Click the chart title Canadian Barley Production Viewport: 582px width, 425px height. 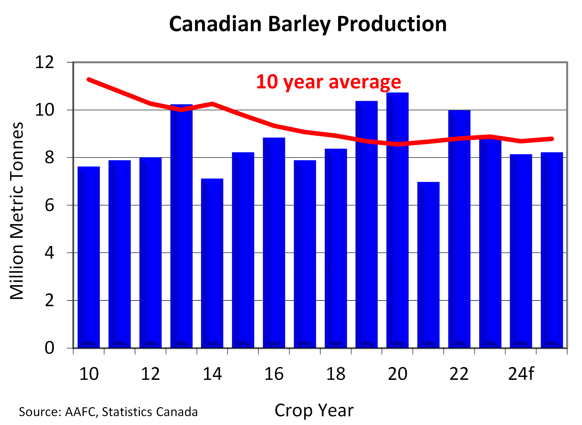coord(307,24)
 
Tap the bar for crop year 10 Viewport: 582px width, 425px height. coord(89,257)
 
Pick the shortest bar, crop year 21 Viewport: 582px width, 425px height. coord(428,265)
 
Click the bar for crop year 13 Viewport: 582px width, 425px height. coord(181,227)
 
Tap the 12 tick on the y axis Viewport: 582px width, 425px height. coord(44,62)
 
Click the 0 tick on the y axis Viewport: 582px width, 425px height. coord(50,348)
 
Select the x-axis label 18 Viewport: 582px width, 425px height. coord(335,374)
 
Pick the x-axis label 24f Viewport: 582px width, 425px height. coord(521,374)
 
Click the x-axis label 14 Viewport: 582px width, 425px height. coord(212,374)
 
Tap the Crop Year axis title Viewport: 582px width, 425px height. coord(314,410)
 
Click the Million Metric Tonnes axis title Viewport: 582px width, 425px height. coord(16,211)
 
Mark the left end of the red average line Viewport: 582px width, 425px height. coord(89,79)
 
